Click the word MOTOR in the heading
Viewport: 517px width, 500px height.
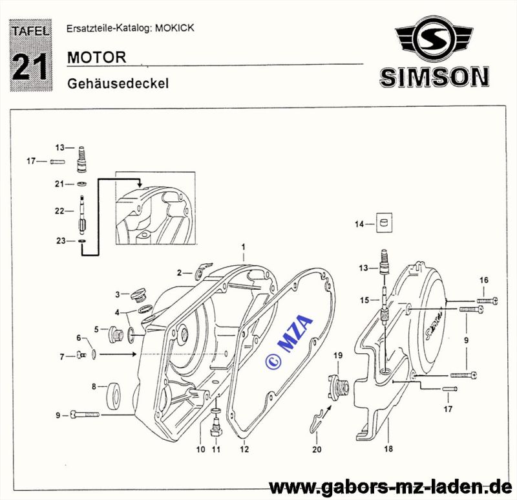pyautogui.click(x=96, y=56)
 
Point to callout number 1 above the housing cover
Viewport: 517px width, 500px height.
pyautogui.click(x=244, y=247)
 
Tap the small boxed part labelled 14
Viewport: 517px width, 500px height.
pyautogui.click(x=386, y=224)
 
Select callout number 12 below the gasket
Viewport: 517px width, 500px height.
pyautogui.click(x=244, y=448)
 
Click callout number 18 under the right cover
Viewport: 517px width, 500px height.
pyautogui.click(x=388, y=448)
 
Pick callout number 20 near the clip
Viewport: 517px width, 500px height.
pyautogui.click(x=316, y=450)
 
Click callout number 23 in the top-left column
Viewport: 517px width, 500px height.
pyautogui.click(x=61, y=241)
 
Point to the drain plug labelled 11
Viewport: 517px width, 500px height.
pyautogui.click(x=216, y=424)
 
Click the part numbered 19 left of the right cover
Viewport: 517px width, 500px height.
pyautogui.click(x=338, y=386)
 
